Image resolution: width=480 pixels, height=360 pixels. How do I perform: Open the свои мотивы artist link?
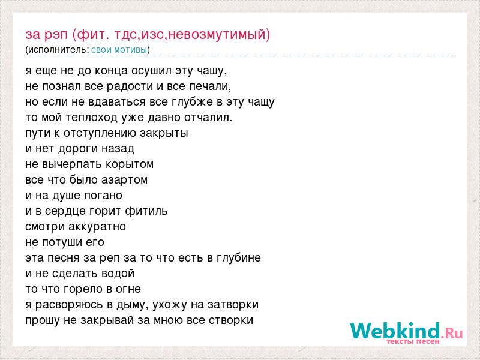119,50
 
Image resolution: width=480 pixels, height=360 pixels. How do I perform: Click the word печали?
209,86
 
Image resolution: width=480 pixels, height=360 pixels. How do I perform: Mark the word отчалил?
208,118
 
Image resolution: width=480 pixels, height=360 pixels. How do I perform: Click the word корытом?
129,164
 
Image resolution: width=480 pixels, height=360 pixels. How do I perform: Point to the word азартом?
124,181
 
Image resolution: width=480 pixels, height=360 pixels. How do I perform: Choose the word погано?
103,196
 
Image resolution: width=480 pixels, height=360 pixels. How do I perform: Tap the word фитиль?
146,212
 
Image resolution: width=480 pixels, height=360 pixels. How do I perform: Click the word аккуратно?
97,227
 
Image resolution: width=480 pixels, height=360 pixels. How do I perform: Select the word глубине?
239,258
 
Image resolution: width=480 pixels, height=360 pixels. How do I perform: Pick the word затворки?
233,305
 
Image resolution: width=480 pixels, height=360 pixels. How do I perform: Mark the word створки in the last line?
231,320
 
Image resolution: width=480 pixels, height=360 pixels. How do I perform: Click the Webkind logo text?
407,331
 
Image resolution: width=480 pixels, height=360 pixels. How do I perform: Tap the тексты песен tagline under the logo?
413,341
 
